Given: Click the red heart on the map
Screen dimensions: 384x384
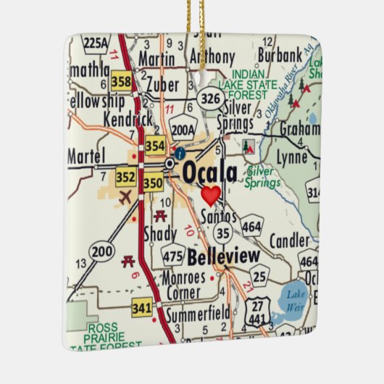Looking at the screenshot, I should coord(211,195).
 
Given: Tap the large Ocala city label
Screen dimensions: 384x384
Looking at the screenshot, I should coord(209,172).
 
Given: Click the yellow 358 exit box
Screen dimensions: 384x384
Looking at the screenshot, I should coord(122,82).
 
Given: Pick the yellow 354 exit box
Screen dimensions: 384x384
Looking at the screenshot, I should coord(155,145).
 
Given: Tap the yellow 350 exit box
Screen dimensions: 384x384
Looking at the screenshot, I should coord(153,183).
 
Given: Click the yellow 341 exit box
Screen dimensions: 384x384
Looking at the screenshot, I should coord(141,308).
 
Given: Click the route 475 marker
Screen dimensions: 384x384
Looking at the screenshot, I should coord(173,256).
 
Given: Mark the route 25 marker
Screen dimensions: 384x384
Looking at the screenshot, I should coord(260,275).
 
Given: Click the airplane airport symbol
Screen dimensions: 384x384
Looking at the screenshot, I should coord(125,197).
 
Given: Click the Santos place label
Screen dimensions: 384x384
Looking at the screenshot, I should coord(219,215).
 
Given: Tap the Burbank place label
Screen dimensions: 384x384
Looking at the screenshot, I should coord(277,55).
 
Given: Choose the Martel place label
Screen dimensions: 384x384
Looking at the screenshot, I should coord(85,156).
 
